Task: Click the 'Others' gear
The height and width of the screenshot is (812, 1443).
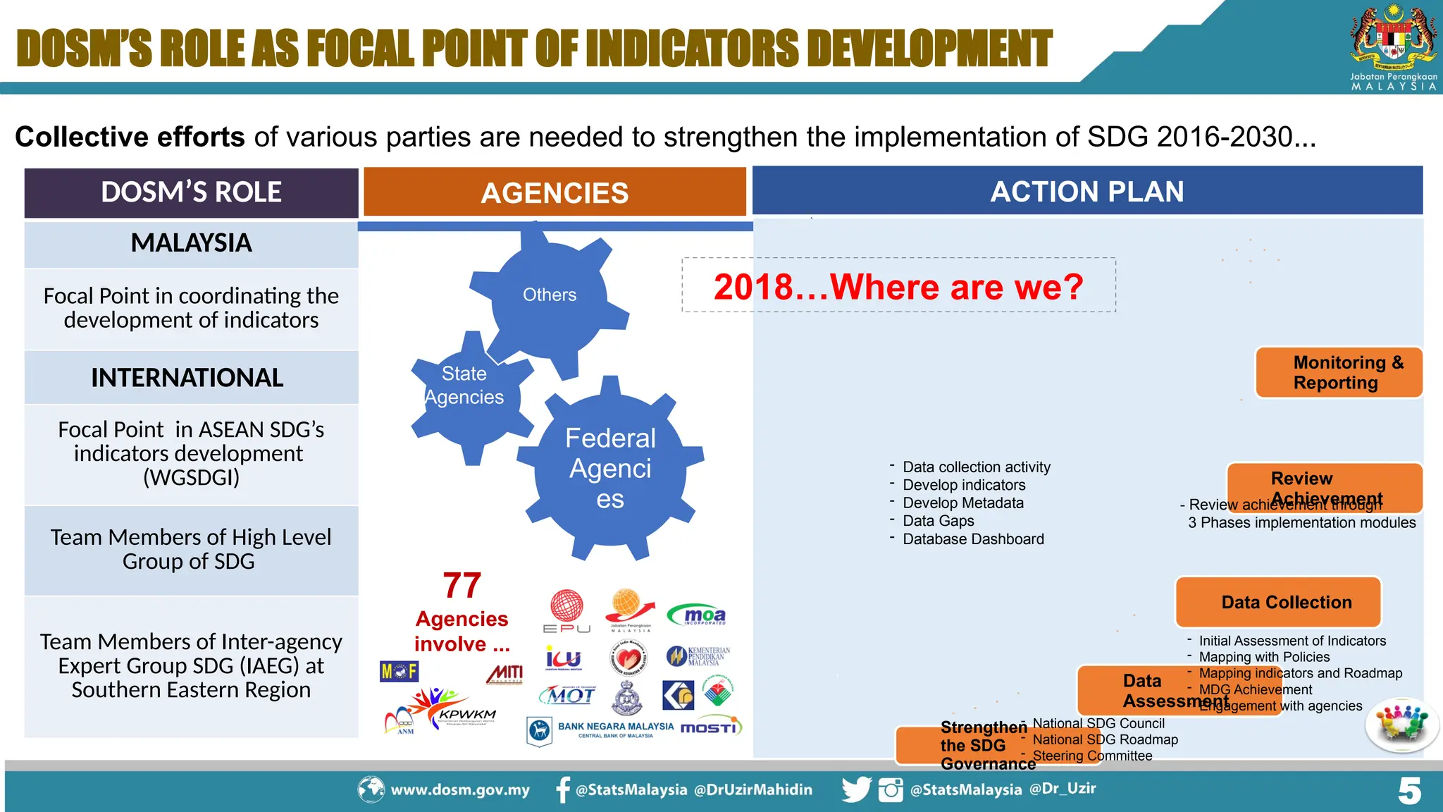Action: click(x=550, y=295)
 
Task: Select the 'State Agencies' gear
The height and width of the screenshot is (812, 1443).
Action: click(x=464, y=386)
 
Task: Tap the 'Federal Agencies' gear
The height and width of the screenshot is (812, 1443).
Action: click(x=610, y=468)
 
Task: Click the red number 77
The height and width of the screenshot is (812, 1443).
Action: click(x=462, y=586)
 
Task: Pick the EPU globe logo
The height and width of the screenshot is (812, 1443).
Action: click(x=566, y=610)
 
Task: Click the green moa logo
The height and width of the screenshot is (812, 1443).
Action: click(x=697, y=615)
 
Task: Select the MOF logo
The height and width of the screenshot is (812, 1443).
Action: click(x=399, y=672)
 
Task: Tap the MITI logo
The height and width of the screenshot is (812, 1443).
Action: click(x=504, y=674)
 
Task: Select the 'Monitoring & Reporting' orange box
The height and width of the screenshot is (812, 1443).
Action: click(x=1338, y=373)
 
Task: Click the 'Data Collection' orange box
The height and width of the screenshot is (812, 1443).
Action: click(x=1278, y=603)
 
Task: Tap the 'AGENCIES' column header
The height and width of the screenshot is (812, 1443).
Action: click(x=555, y=192)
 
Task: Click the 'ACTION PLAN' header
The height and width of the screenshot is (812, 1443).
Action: click(x=1087, y=191)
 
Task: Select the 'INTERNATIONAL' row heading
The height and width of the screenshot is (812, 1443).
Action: click(x=187, y=378)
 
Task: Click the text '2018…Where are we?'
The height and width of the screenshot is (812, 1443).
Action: click(x=898, y=286)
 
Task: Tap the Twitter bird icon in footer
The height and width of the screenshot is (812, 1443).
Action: click(x=856, y=789)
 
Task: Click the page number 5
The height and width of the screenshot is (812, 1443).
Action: click(x=1409, y=791)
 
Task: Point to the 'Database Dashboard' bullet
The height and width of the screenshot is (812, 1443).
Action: click(x=972, y=539)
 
